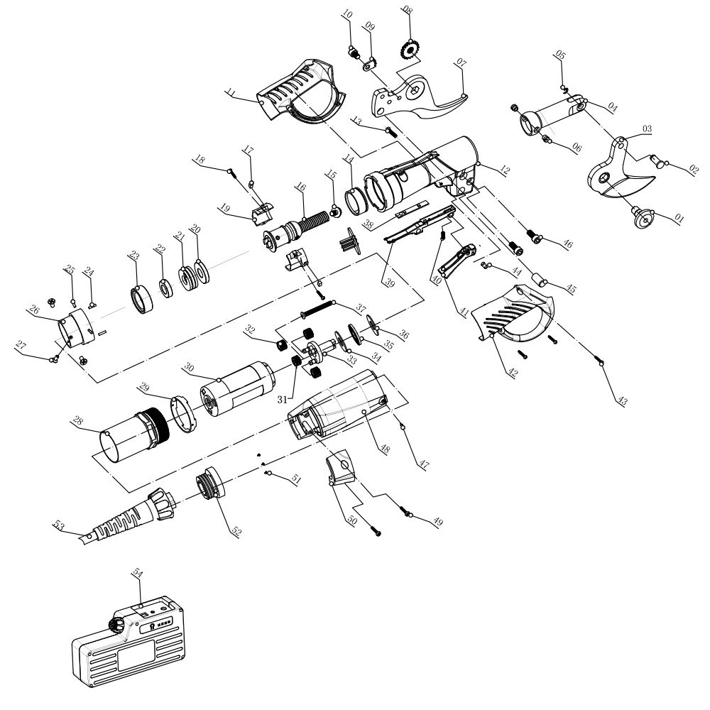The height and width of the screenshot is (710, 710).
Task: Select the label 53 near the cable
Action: pos(59,525)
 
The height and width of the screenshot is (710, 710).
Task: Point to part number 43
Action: pos(623,401)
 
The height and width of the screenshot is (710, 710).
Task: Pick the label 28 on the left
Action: pos(78,421)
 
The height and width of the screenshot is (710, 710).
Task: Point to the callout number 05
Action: pos(560,55)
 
